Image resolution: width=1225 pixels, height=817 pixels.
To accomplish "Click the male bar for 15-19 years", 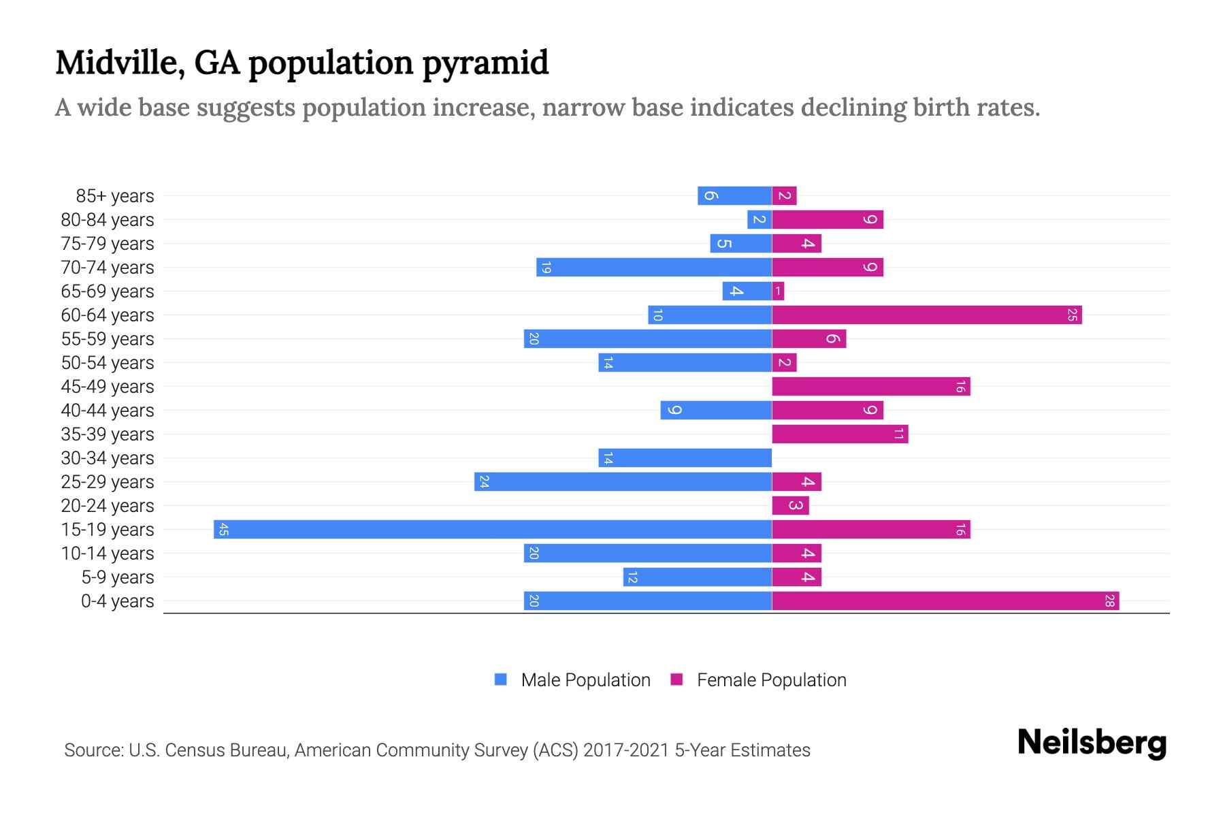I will (x=493, y=529).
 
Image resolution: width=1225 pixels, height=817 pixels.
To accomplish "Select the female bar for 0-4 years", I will (x=945, y=600).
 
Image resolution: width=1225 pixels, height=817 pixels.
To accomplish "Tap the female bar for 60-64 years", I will (x=926, y=315).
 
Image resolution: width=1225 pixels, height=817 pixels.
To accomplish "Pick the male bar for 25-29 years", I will (x=623, y=481).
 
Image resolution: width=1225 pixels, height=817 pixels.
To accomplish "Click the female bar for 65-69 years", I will (x=778, y=291).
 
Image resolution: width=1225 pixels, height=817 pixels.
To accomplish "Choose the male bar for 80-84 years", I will (x=759, y=219).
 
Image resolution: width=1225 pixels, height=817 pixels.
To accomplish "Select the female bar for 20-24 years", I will (x=790, y=505).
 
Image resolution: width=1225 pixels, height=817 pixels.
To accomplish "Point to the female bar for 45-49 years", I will (x=870, y=386).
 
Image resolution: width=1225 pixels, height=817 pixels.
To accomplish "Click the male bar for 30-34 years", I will (x=685, y=458).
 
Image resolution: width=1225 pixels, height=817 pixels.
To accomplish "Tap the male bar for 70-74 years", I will (x=654, y=267).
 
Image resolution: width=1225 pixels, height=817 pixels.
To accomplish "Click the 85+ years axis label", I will (x=115, y=196).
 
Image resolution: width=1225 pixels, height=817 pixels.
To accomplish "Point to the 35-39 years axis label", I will (x=108, y=434).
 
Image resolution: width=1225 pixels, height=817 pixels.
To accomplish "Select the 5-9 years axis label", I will (x=118, y=577).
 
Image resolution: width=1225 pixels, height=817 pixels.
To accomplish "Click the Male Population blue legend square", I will (x=501, y=679).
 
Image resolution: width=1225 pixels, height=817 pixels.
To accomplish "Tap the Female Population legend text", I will (x=771, y=679).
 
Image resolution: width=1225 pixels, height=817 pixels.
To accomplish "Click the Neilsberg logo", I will (x=1092, y=743).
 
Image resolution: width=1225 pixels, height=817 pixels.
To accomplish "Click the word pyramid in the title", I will (x=485, y=63).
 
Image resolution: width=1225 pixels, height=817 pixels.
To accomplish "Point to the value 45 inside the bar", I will (x=223, y=529).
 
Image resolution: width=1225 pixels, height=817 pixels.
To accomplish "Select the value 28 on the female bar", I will (x=1109, y=600).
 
